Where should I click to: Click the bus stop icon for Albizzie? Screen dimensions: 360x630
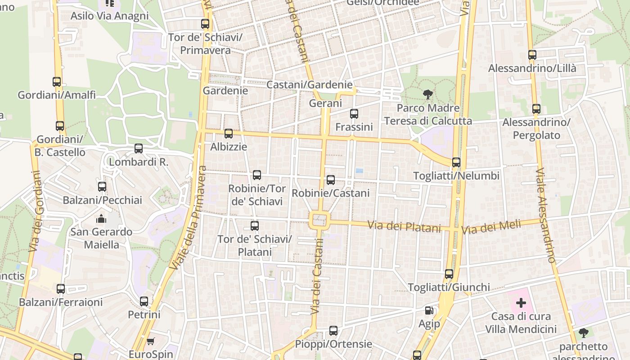tap(229, 134)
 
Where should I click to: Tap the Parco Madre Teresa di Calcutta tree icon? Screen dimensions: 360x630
tap(428, 94)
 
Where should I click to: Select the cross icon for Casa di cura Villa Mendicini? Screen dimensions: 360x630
tap(521, 303)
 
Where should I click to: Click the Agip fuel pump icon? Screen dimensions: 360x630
tap(429, 310)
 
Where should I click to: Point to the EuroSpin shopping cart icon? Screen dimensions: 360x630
tap(151, 341)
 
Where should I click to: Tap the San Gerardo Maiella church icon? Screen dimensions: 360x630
tap(101, 219)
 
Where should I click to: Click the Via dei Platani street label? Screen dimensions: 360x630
tap(404, 226)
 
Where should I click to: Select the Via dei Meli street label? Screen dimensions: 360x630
tap(491, 226)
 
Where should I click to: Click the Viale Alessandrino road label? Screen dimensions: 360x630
tap(546, 215)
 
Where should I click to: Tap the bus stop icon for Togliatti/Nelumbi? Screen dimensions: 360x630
tap(456, 162)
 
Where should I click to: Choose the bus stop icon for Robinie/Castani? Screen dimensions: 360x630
tap(331, 180)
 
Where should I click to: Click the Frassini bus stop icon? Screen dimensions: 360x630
tap(354, 114)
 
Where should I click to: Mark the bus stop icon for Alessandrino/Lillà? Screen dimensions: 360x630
tap(532, 55)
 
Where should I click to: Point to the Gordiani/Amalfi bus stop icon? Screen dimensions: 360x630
tap(57, 82)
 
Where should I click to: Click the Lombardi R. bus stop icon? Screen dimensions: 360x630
tap(139, 148)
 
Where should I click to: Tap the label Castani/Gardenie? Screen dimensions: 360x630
tap(310, 85)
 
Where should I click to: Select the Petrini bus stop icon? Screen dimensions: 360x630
tap(144, 301)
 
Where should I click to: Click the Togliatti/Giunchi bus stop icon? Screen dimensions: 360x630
tap(449, 274)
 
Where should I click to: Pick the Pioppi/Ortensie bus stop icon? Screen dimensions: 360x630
tap(333, 331)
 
